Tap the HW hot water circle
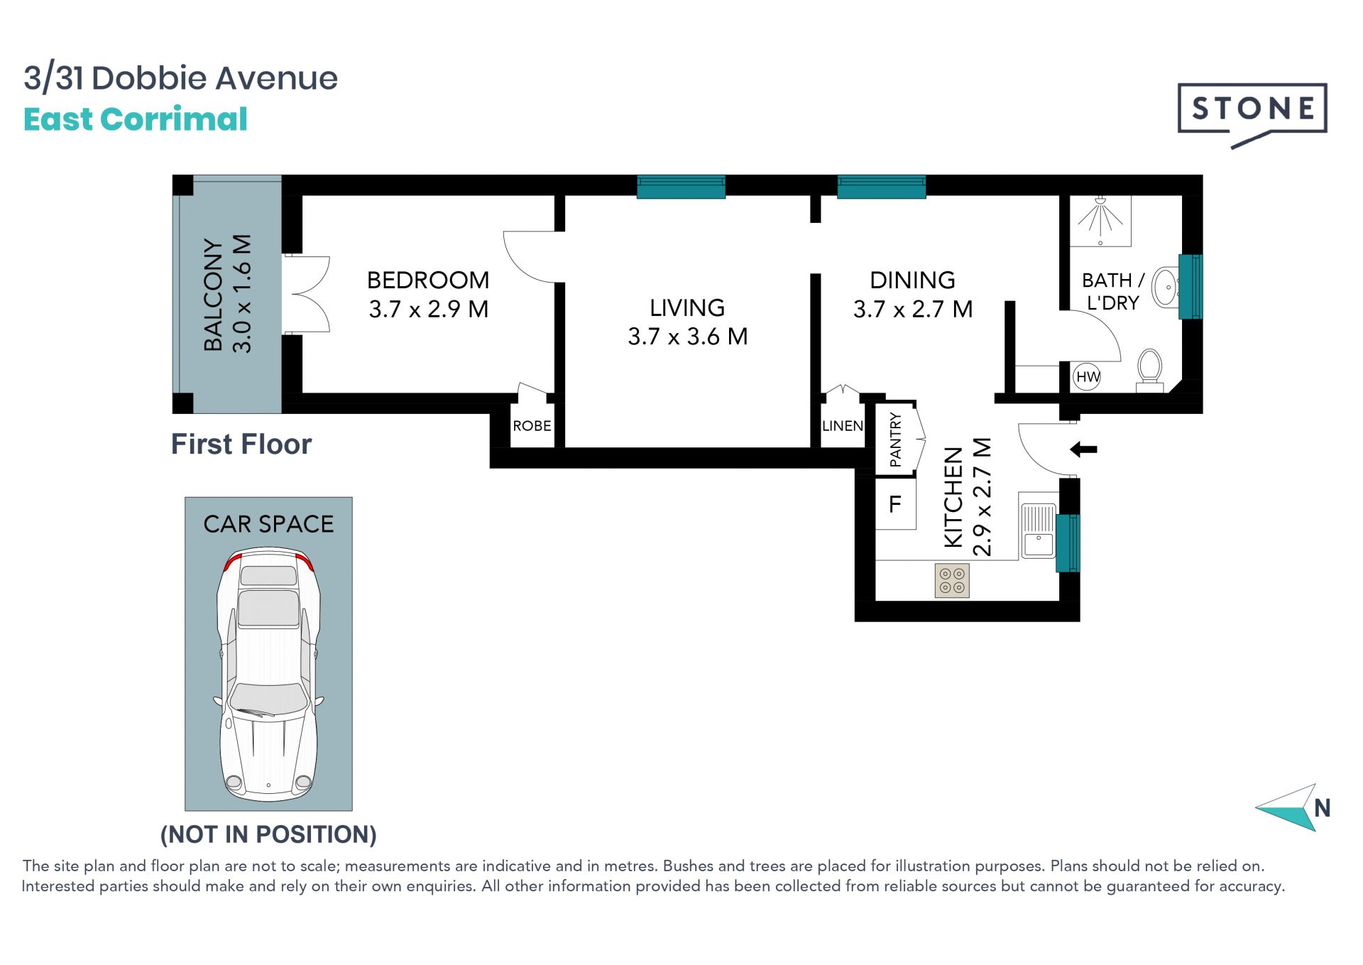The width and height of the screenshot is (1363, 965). tap(1088, 377)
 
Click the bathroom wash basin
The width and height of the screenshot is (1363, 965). tap(1165, 287)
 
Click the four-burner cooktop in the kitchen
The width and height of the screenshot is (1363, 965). tap(952, 580)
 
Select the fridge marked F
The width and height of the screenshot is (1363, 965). tap(895, 503)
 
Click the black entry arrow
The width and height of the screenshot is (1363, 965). tap(1084, 449)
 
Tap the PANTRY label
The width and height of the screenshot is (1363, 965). tap(895, 440)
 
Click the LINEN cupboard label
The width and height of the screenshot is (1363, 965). tap(843, 426)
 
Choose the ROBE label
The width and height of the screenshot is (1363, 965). tap(532, 426)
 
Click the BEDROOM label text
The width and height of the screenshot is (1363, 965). tap(428, 280)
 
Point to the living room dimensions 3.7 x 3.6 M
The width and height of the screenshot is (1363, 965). tap(688, 336)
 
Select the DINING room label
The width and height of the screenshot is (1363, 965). tap(912, 280)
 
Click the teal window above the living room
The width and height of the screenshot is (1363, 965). tap(681, 187)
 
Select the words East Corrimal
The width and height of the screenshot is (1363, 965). tap(136, 119)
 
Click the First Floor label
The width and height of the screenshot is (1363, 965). tap(241, 445)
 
